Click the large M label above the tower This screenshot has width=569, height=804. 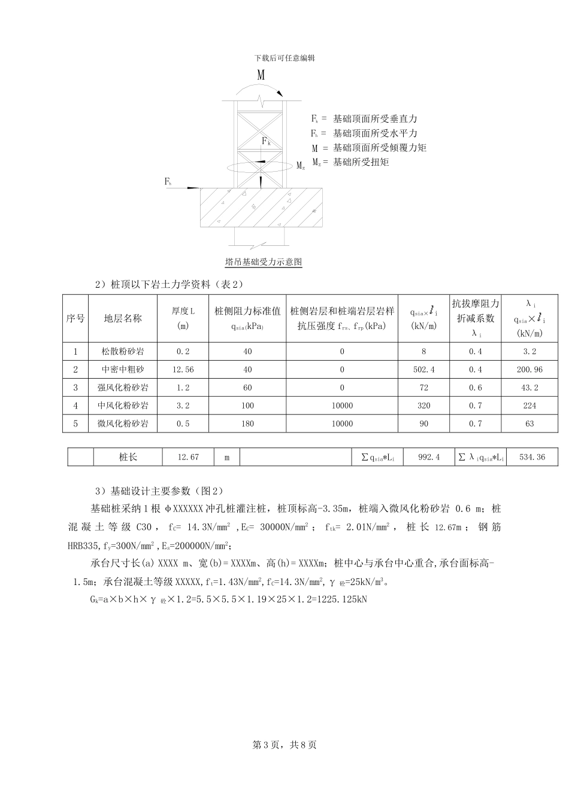click(x=261, y=75)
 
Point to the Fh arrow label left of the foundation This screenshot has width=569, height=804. click(x=168, y=181)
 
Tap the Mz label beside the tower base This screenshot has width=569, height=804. click(x=301, y=166)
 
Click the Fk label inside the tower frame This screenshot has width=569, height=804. click(x=267, y=141)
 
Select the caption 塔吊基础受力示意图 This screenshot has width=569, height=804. click(x=264, y=262)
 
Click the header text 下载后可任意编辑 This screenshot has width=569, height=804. click(x=284, y=58)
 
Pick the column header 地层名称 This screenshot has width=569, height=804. click(x=123, y=318)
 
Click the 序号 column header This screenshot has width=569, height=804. click(x=75, y=318)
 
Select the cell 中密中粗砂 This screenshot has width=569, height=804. click(x=123, y=370)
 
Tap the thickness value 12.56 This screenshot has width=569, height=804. click(x=183, y=370)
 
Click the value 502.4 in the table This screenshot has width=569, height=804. click(x=423, y=370)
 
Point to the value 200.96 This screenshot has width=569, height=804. click(x=529, y=370)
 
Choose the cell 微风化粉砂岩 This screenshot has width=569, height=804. click(x=123, y=424)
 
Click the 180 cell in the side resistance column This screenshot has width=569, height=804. click(x=247, y=424)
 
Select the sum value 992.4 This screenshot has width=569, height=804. click(x=429, y=457)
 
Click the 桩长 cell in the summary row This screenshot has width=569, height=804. click(x=128, y=457)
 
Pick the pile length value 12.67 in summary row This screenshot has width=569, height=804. click(x=188, y=457)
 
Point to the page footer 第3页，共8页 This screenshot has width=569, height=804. click(x=284, y=745)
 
